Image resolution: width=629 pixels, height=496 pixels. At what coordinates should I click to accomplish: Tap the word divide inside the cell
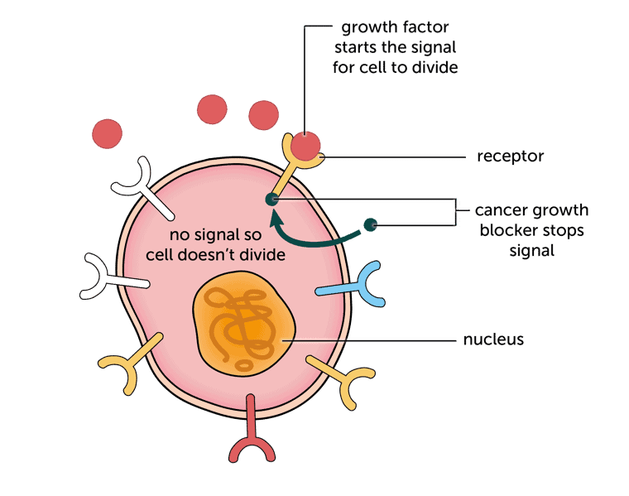click(257, 255)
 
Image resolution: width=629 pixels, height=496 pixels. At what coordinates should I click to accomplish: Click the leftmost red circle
click(108, 134)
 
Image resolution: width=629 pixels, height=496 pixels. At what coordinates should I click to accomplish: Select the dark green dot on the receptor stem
click(270, 199)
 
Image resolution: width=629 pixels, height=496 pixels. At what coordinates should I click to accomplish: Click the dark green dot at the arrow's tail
click(371, 224)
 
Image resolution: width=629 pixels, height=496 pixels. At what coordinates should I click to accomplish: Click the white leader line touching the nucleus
click(372, 340)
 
